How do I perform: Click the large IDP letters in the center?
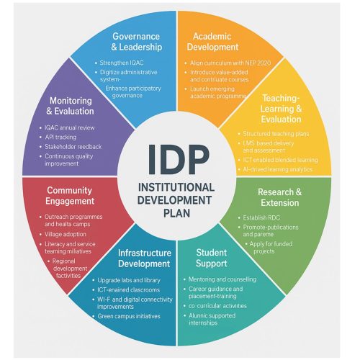[179, 160]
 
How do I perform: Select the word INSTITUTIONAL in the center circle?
[176, 187]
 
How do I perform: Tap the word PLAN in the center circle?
[176, 213]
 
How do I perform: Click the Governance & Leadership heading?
[136, 42]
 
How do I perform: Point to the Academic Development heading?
[212, 42]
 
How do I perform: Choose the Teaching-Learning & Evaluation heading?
[281, 109]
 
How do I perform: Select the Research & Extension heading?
[280, 197]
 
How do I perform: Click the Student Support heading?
[212, 258]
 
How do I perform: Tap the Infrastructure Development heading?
[145, 258]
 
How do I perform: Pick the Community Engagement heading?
[70, 196]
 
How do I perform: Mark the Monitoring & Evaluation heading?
[70, 106]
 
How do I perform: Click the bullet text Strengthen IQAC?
[122, 63]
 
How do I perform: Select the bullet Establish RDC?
[261, 218]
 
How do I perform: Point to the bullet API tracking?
[60, 138]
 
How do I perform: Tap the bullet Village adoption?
[66, 234]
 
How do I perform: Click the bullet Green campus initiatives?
[129, 316]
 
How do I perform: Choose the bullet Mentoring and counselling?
[222, 279]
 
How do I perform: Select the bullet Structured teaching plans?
[276, 134]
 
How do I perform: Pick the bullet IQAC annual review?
[70, 127]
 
